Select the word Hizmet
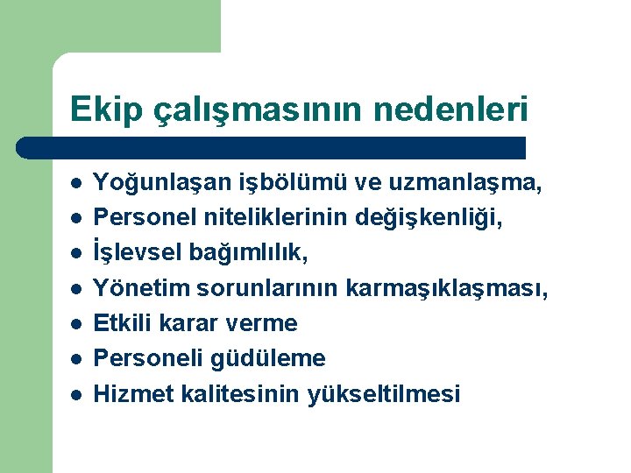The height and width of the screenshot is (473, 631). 125,393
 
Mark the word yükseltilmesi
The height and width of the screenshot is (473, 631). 383,394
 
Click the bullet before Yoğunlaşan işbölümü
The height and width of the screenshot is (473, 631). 77,184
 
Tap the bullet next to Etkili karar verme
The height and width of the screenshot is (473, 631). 77,324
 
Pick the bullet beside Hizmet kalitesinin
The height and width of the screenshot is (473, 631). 77,394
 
